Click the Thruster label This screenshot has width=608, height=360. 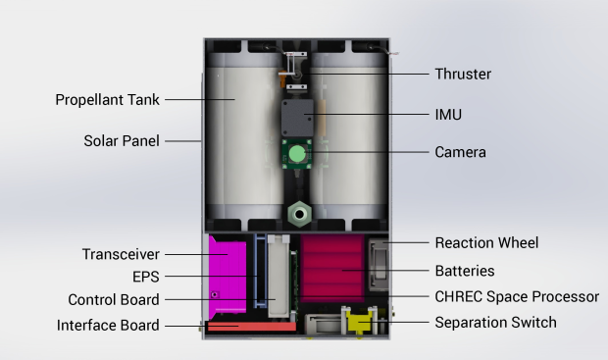tap(463, 74)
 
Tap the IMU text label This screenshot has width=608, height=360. tap(448, 115)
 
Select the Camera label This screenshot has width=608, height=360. tap(460, 152)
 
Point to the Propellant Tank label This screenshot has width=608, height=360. tap(108, 100)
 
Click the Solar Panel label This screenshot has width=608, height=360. tap(122, 141)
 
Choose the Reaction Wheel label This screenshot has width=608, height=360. tap(486, 243)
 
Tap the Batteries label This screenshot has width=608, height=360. tap(465, 271)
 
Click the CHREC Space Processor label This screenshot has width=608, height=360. tap(517, 297)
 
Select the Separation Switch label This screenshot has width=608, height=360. tap(495, 323)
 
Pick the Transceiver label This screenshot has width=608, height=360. tap(121, 254)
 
